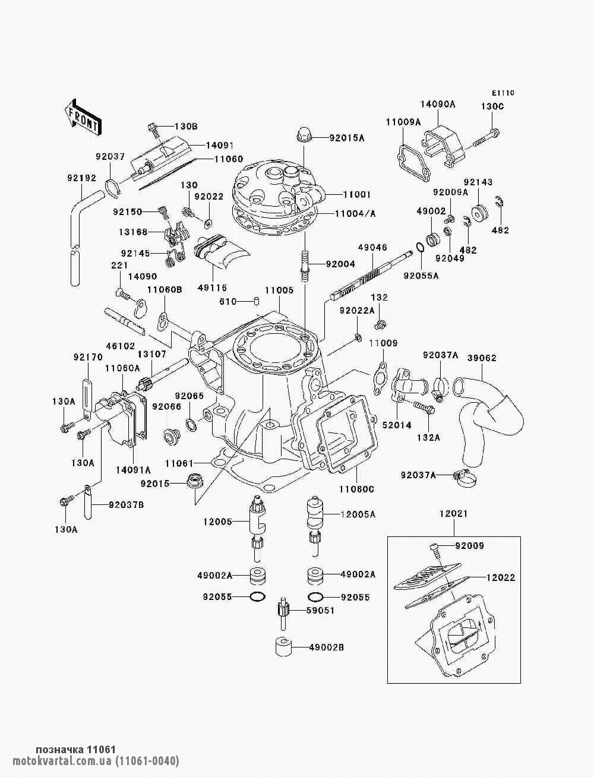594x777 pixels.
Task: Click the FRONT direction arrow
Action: pos(83,117)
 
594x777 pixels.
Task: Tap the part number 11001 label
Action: pos(356,194)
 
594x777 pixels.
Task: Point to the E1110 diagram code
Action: pos(503,93)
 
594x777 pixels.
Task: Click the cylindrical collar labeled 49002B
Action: pos(283,647)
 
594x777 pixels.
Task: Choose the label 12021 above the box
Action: pos(453,513)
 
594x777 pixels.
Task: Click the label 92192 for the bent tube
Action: pos(82,178)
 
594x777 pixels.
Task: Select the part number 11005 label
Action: pos(279,290)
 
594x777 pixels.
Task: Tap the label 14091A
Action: pos(133,470)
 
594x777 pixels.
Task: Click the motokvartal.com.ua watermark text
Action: pos(96,760)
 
